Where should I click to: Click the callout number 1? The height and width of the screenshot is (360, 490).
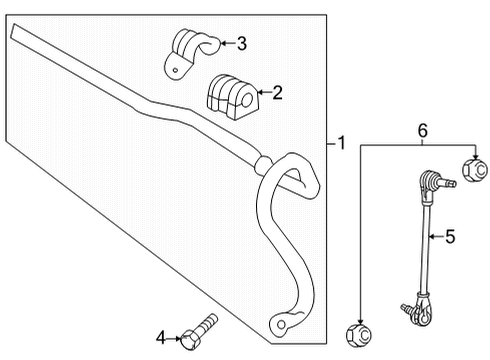(x=342, y=144)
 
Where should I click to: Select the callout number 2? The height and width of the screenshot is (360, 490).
(x=277, y=93)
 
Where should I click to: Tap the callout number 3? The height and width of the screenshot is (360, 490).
(x=241, y=42)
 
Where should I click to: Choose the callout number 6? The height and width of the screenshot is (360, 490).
(x=423, y=130)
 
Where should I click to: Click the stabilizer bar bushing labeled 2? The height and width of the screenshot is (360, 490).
(x=229, y=94)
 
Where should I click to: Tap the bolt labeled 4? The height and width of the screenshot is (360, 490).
(x=200, y=333)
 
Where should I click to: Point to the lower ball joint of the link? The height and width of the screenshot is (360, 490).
(x=421, y=311)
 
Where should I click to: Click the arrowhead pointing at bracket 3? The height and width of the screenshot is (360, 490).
(x=223, y=42)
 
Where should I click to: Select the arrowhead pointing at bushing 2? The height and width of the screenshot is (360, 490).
(x=258, y=93)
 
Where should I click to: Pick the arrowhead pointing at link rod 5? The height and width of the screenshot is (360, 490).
(x=431, y=237)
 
